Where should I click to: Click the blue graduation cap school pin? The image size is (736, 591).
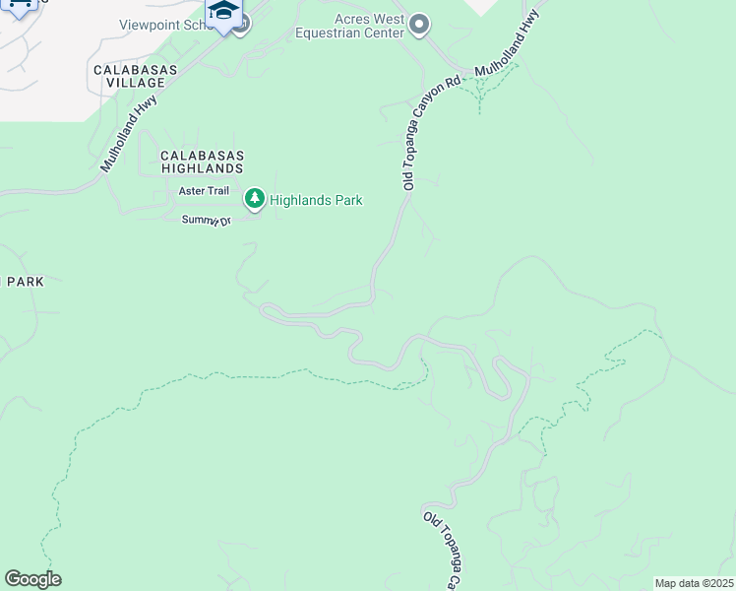click(x=224, y=13)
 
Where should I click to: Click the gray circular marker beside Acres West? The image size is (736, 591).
click(x=420, y=25)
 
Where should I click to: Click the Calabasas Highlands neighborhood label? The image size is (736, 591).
click(x=201, y=163)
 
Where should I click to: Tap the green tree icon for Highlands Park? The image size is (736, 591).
click(x=255, y=200)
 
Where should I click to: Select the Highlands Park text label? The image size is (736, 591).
click(x=316, y=200)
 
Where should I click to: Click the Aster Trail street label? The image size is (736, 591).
click(x=204, y=190)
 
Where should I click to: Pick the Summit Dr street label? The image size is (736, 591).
click(x=206, y=220)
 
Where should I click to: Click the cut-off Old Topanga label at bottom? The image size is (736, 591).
click(x=440, y=550)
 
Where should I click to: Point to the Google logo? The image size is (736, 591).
click(x=32, y=578)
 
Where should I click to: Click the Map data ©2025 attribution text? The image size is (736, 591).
click(x=693, y=583)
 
